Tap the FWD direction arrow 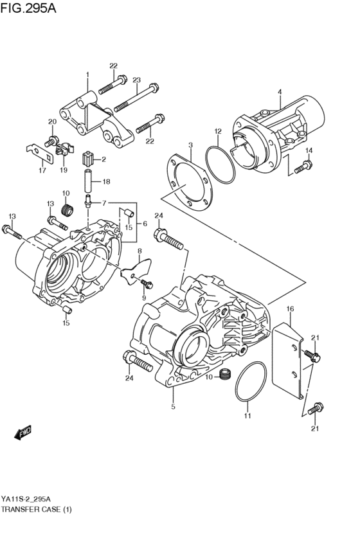pos(23,434)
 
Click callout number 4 pos(280,92)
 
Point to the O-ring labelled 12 pos(219,163)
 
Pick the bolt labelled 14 pos(302,168)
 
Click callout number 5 pos(173,406)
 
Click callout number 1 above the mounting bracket pos(87,76)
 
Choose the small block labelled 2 pos(89,158)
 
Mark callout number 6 pos(145,223)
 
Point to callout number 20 pos(52,122)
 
